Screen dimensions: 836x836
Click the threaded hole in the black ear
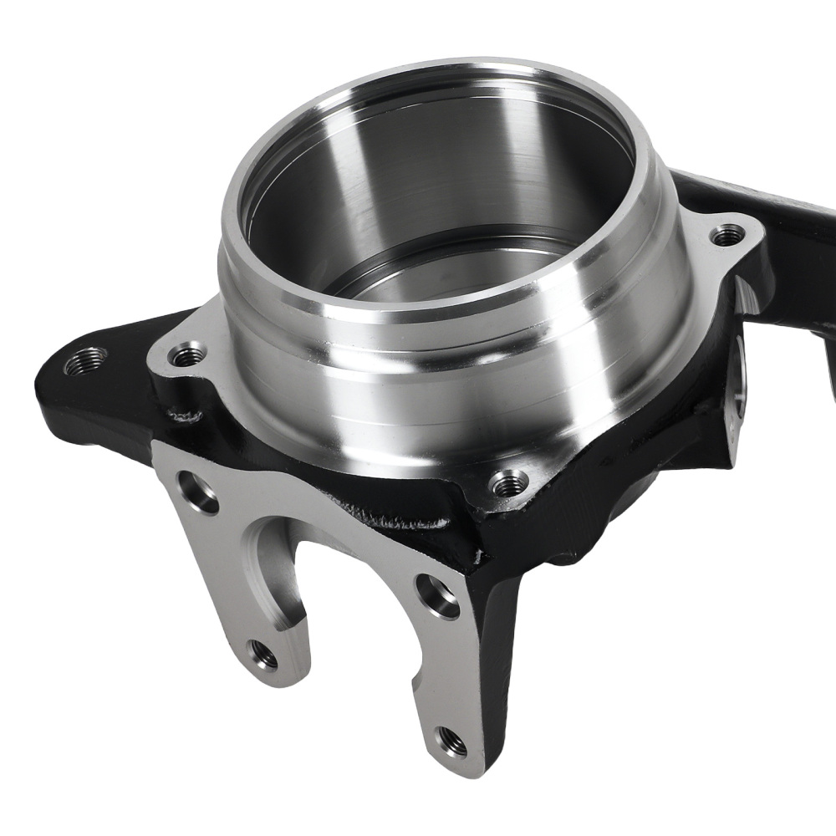pos(85,360)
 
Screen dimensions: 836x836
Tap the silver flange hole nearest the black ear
pos(187,355)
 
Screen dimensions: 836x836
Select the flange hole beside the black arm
pos(727,235)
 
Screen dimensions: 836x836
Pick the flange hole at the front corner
pos(508,482)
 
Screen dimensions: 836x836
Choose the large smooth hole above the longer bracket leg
pos(437,596)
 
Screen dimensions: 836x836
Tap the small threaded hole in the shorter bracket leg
pos(263,654)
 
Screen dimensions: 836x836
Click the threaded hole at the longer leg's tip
pos(451,739)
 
